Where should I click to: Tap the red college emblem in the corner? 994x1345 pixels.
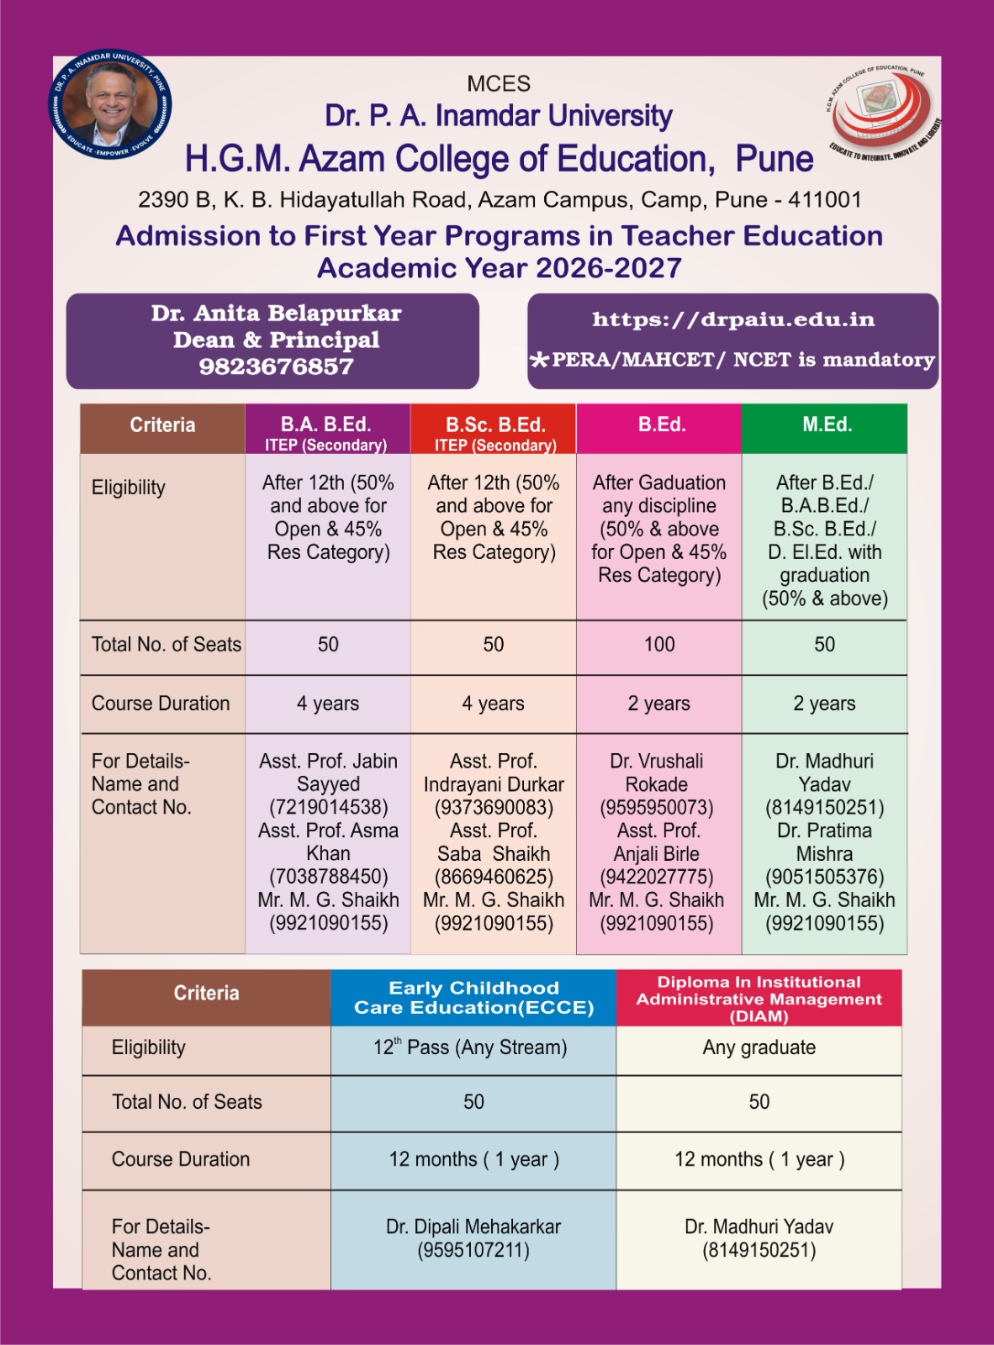pyautogui.click(x=882, y=113)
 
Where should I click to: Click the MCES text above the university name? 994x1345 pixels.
pyautogui.click(x=499, y=84)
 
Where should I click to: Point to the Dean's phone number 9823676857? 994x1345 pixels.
pyautogui.click(x=276, y=367)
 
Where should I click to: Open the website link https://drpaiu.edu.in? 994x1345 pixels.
pyautogui.click(x=732, y=319)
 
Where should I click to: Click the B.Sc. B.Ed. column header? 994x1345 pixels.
pyautogui.click(x=494, y=430)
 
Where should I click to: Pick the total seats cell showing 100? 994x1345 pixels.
pyautogui.click(x=659, y=645)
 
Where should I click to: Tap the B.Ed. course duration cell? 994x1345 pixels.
pyautogui.click(x=658, y=704)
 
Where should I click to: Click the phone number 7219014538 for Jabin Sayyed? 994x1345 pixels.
pyautogui.click(x=328, y=808)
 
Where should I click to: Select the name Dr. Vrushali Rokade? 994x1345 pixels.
pyautogui.click(x=657, y=773)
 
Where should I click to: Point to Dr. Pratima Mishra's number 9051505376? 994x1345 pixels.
pyautogui.click(x=824, y=878)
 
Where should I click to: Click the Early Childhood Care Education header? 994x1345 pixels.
pyautogui.click(x=473, y=998)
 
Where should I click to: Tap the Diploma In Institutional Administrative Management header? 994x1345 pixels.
pyautogui.click(x=759, y=999)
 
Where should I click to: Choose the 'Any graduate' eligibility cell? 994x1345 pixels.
pyautogui.click(x=759, y=1047)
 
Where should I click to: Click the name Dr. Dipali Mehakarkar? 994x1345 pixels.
pyautogui.click(x=473, y=1227)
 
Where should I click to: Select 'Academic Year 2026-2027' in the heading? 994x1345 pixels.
pyautogui.click(x=499, y=268)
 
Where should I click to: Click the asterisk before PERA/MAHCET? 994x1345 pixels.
pyautogui.click(x=538, y=361)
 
